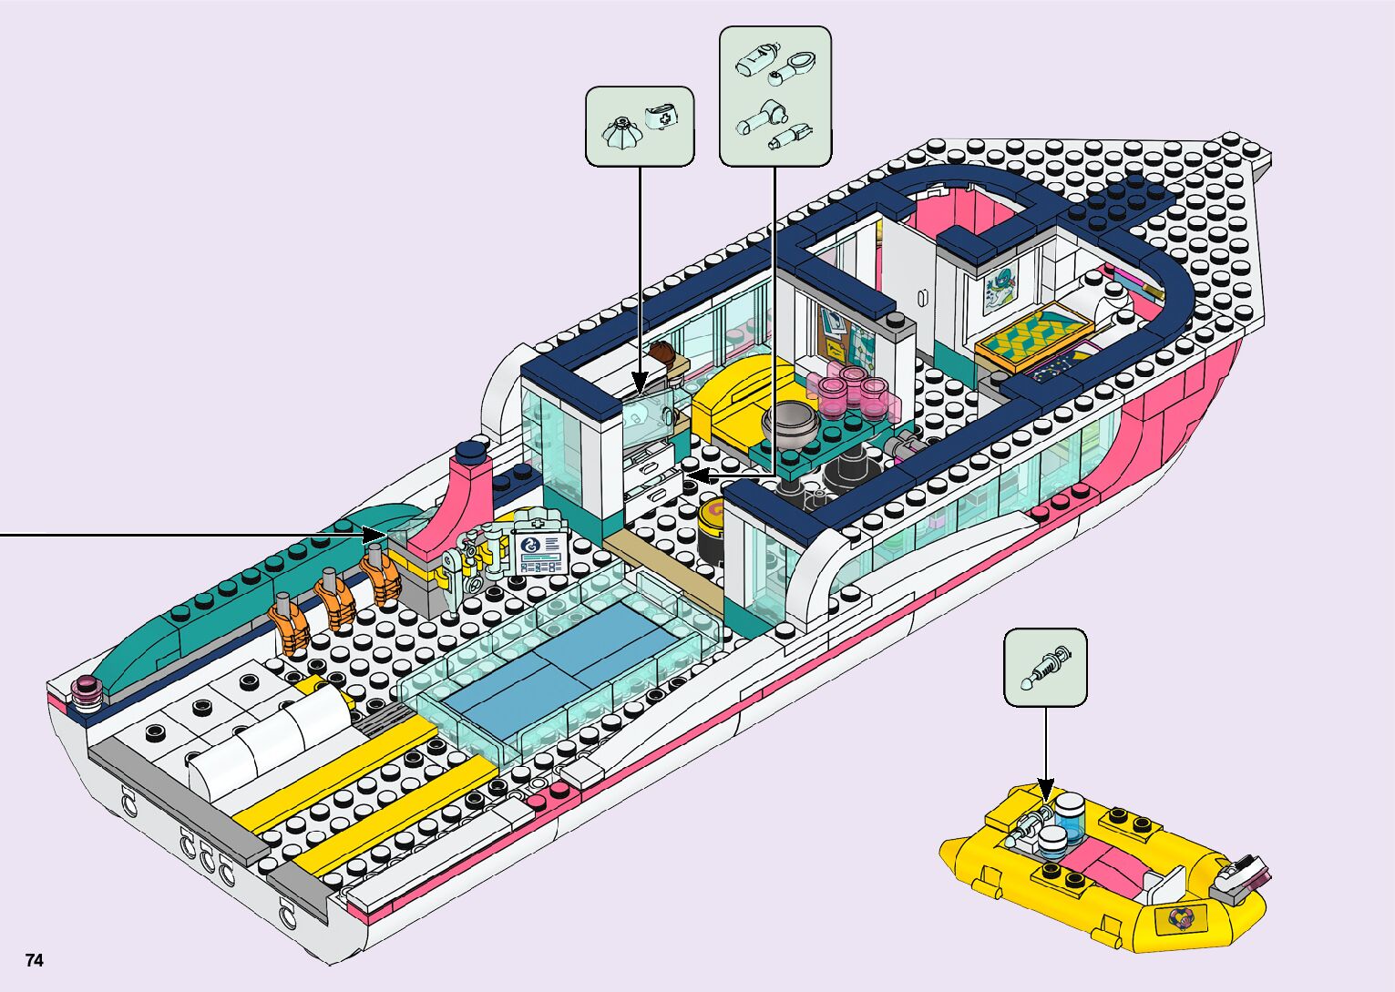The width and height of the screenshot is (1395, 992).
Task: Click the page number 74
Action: pyautogui.click(x=35, y=960)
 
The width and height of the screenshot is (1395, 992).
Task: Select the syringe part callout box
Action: pyautogui.click(x=1045, y=667)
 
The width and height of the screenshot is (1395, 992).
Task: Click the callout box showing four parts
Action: pyautogui.click(x=775, y=96)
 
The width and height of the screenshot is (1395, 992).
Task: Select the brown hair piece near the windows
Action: pyautogui.click(x=662, y=353)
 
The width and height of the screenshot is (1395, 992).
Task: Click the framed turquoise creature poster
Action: pyautogui.click(x=1002, y=287)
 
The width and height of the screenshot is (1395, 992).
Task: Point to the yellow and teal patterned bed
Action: pyautogui.click(x=1032, y=335)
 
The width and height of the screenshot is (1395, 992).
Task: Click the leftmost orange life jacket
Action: pyautogui.click(x=291, y=626)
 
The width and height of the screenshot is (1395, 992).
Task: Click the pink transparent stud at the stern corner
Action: pyautogui.click(x=88, y=692)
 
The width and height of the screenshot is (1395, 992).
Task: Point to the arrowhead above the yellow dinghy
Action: pyautogui.click(x=1045, y=788)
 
